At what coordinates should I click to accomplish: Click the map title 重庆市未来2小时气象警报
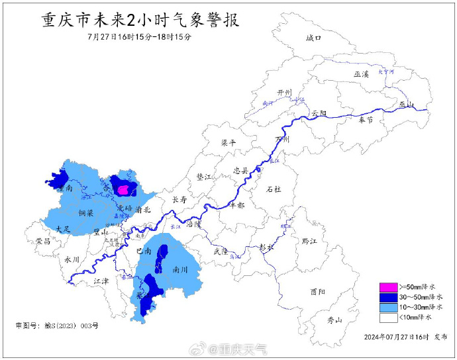[x=140, y=20]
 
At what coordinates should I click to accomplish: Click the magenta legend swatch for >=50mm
[x=387, y=287]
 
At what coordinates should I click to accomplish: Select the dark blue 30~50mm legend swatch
[x=387, y=296]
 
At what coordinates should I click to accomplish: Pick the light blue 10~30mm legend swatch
[x=387, y=307]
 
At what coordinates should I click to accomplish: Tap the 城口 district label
[x=313, y=38]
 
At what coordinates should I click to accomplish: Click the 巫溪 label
[x=361, y=75]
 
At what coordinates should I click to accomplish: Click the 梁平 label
[x=228, y=142]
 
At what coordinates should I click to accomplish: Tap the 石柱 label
[x=273, y=189]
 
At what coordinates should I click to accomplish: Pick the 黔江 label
[x=309, y=242]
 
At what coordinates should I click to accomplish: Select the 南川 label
[x=179, y=270]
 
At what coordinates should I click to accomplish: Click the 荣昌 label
[x=44, y=242]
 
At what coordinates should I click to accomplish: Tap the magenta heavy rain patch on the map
[x=124, y=190]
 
